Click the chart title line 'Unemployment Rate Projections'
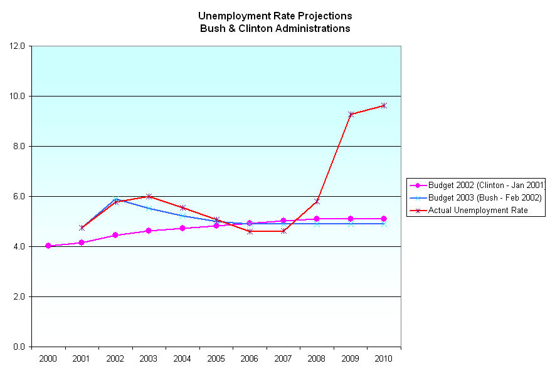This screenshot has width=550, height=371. (275, 16)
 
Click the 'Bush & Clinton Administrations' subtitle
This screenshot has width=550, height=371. (275, 28)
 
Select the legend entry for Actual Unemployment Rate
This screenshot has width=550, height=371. (478, 211)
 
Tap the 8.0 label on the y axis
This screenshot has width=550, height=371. (19, 146)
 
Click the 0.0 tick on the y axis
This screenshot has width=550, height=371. (19, 347)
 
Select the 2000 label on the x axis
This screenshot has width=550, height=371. (48, 358)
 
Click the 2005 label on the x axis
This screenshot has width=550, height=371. (216, 358)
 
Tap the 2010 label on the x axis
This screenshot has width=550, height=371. (384, 358)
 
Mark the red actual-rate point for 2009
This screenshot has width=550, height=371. (351, 114)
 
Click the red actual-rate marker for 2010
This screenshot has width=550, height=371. (384, 105)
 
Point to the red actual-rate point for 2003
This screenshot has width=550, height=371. (149, 196)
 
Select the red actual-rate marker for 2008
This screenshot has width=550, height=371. (317, 201)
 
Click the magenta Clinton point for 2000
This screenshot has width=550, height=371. (48, 246)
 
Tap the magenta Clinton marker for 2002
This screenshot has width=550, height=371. (115, 235)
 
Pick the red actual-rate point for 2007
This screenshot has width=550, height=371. (283, 231)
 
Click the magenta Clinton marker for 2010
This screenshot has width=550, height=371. (384, 219)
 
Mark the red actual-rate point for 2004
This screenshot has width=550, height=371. (182, 207)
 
